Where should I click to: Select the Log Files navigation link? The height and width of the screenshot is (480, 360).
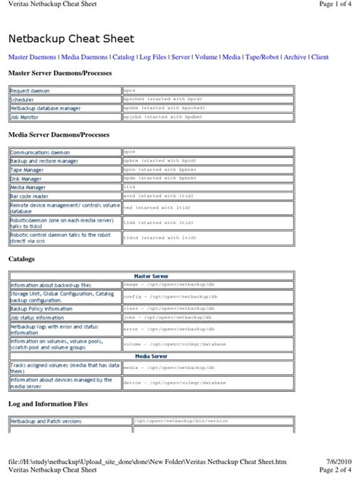(x=156, y=57)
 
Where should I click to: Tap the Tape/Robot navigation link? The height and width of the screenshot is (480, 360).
(x=262, y=57)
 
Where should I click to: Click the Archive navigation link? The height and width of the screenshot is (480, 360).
(x=295, y=57)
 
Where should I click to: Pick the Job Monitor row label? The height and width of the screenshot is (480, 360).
(x=25, y=118)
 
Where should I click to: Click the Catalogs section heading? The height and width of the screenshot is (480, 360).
(x=21, y=259)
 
